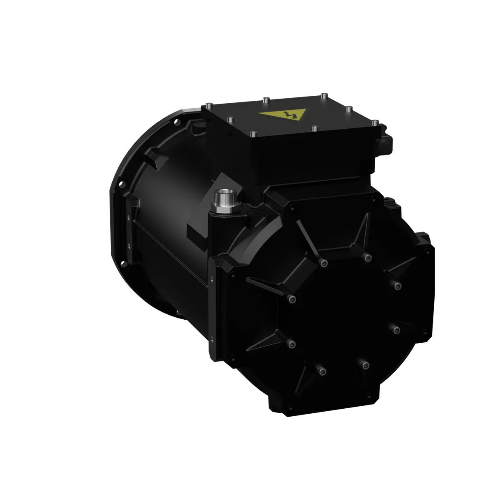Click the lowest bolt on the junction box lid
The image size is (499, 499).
[x=253, y=134]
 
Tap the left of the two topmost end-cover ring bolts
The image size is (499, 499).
[x=322, y=262]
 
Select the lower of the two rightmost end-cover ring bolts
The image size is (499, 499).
[x=397, y=331]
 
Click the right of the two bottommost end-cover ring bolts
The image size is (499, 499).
[x=366, y=366]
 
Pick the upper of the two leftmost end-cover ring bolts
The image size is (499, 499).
[x=292, y=298]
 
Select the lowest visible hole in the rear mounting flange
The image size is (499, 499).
[x=124, y=263]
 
